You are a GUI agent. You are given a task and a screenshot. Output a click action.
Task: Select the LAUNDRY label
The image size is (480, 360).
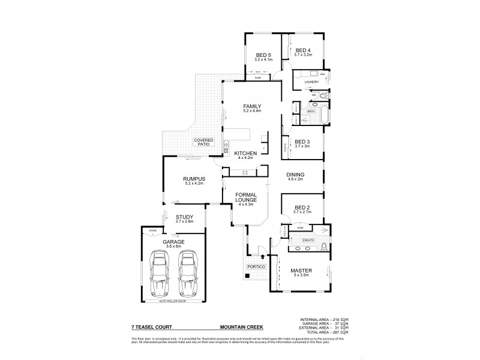click(311, 81)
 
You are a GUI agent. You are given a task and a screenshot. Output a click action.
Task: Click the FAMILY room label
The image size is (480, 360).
click(251, 107)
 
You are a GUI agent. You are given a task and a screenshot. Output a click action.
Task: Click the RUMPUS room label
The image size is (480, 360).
click(194, 179)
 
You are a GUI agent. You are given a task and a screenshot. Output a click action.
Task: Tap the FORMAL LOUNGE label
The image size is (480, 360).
click(247, 197)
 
